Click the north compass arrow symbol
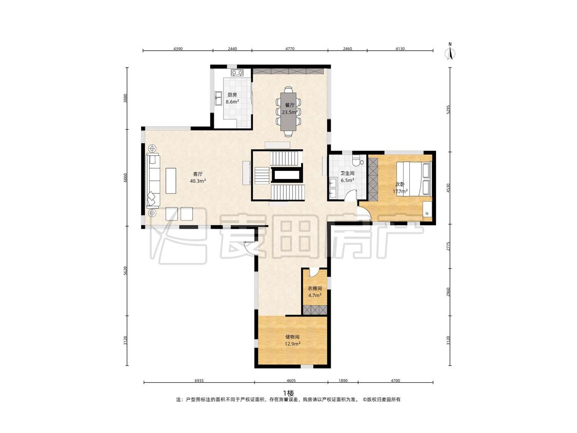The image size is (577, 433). [x=450, y=52]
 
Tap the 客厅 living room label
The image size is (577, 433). [x=198, y=174]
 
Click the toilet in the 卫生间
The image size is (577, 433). [x=357, y=160]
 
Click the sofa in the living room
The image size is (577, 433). [x=153, y=181]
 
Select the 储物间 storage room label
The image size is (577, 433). [x=292, y=337]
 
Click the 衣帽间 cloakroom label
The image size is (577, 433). [x=315, y=289]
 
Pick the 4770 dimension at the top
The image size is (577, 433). [x=290, y=48]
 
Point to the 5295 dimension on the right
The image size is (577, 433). [x=448, y=109]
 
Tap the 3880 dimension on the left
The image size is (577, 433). [x=126, y=99]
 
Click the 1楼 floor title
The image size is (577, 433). [x=288, y=392]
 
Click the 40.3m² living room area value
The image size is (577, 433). [x=198, y=181]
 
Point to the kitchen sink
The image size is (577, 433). [x=218, y=99]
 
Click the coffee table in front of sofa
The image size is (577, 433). [x=171, y=181]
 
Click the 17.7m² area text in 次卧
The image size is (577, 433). [x=400, y=191]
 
